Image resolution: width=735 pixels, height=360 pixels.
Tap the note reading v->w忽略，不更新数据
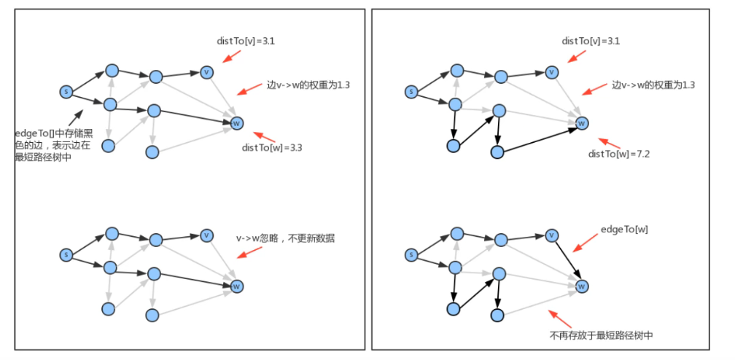pos(285,238)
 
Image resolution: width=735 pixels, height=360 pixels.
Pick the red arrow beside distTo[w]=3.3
pos(262,136)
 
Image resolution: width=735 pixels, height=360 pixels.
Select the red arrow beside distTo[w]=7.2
pos(607,142)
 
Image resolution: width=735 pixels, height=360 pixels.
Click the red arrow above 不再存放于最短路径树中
pos(559,318)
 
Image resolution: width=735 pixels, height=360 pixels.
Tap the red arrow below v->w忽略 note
pos(249,251)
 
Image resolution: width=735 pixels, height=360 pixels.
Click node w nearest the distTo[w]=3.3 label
pos(236,124)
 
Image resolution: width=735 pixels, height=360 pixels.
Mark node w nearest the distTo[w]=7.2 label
pos(581,123)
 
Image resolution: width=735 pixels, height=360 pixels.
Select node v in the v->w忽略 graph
pos(207,235)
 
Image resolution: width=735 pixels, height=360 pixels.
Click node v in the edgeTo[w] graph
pos(552,235)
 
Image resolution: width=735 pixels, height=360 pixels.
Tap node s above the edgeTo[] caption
pos(66,92)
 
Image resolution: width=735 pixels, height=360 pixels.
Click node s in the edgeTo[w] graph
pos(411,255)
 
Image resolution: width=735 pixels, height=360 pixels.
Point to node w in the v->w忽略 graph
pos(236,287)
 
